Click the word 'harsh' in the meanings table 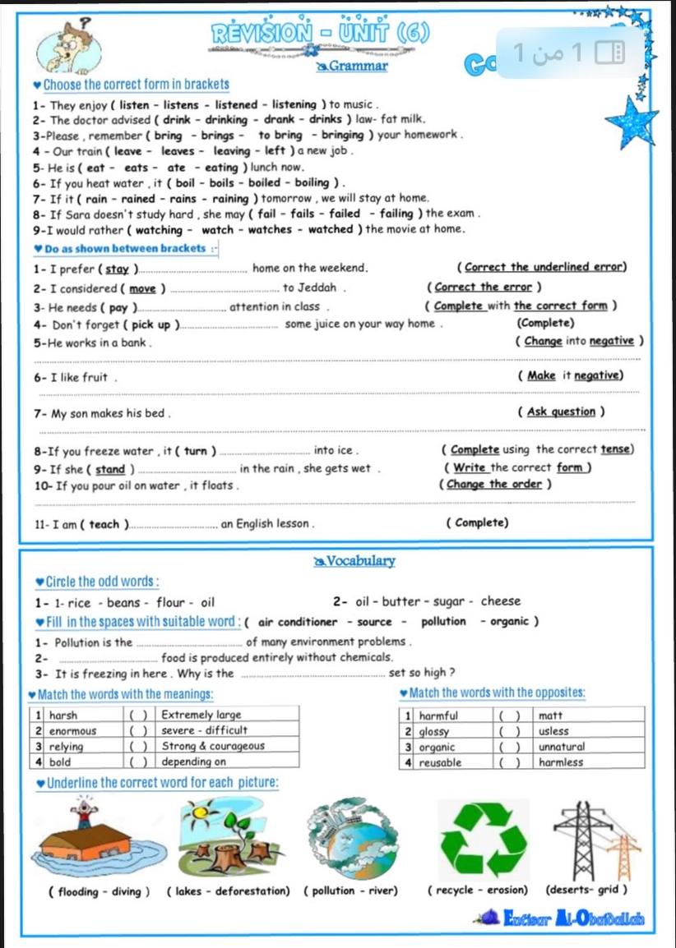tap(64, 716)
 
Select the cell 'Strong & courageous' tap(213, 746)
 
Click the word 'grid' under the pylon tap(609, 890)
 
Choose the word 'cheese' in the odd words tap(501, 601)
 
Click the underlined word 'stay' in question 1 tap(118, 268)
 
